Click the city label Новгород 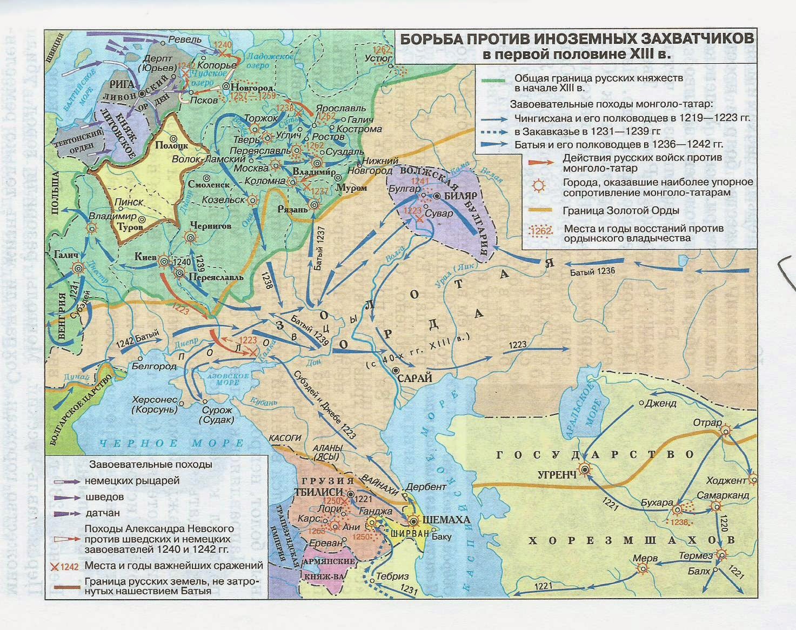[x=252, y=87]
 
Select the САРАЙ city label [x=414, y=379]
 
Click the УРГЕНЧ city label [x=556, y=474]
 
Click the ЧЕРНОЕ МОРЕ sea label [x=171, y=444]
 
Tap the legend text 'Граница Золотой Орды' [x=620, y=211]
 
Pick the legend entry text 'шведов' [x=104, y=497]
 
